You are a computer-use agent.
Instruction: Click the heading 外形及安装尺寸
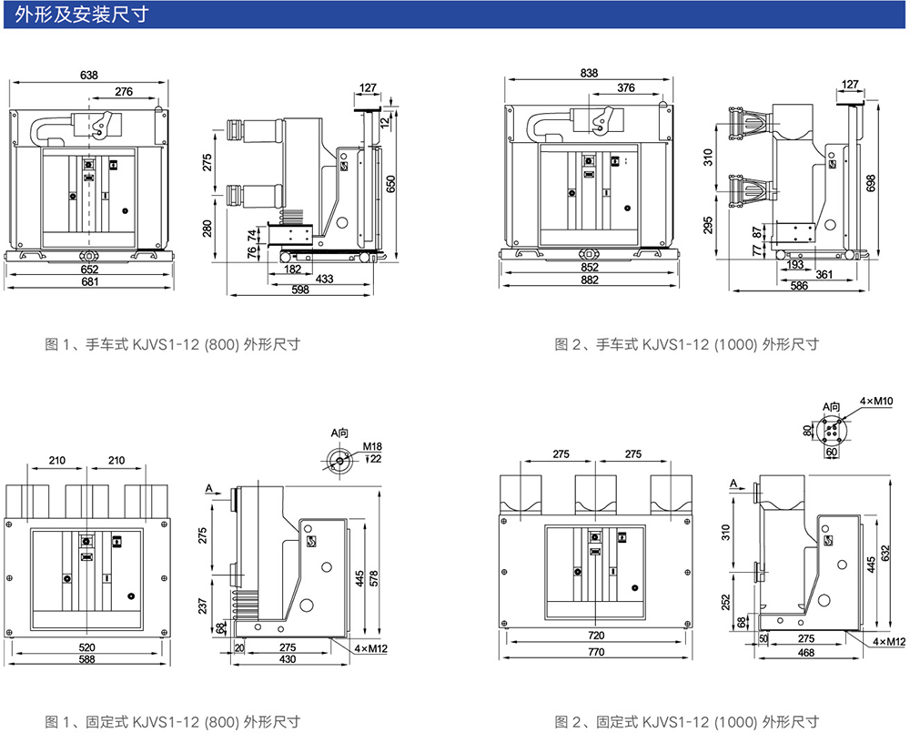coord(83,15)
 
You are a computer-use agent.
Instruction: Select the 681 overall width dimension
coord(89,281)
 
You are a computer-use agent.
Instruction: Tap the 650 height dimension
coord(391,184)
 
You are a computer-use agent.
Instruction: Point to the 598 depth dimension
coord(299,290)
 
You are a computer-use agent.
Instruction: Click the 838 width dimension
coord(589,73)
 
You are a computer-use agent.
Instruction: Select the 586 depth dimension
coord(798,287)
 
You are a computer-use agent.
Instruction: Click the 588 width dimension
coord(87,658)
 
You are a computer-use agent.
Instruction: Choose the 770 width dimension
coord(596,653)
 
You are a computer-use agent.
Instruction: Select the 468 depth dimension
coord(805,653)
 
